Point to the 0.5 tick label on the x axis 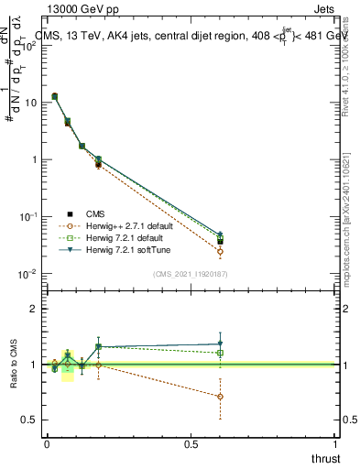pyautogui.click(x=191, y=444)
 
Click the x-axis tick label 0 pyautogui.click(x=47, y=444)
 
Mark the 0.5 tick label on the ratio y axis pyautogui.click(x=29, y=420)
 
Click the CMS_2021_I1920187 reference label pyautogui.click(x=190, y=274)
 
